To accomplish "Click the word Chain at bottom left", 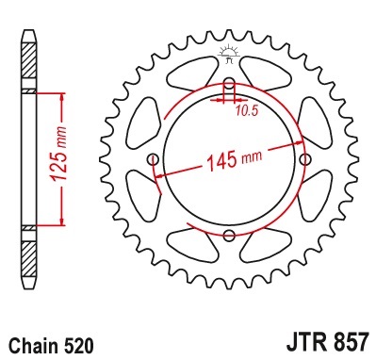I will pyautogui.click(x=32, y=346).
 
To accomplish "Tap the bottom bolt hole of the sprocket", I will pyautogui.click(x=228, y=234).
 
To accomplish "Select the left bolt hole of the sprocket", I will pyautogui.click(x=154, y=159).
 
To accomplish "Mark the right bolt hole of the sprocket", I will pyautogui.click(x=302, y=159).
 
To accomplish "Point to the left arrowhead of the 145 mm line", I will pyautogui.click(x=161, y=174).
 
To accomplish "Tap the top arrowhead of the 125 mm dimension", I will pyautogui.click(x=62, y=96).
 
